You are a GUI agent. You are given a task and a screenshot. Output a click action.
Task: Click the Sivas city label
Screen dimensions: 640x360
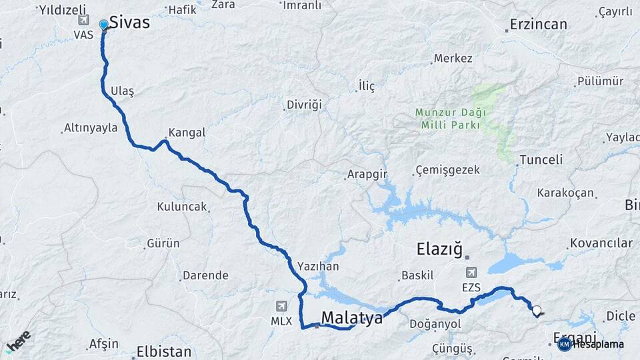pyautogui.click(x=129, y=22)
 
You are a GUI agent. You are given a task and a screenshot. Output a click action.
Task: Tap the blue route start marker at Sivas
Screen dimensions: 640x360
pyautogui.click(x=103, y=25)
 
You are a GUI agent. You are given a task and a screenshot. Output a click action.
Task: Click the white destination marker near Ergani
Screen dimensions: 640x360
pyautogui.click(x=537, y=309)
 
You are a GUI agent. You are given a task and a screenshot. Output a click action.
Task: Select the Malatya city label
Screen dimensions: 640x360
pyautogui.click(x=352, y=318)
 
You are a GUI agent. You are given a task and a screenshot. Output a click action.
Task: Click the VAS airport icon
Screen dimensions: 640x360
pyautogui.click(x=83, y=21)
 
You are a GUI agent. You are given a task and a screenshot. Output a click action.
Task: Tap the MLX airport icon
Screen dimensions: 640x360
pyautogui.click(x=282, y=307)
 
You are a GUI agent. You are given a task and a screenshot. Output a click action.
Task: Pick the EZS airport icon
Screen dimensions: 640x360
pyautogui.click(x=471, y=272)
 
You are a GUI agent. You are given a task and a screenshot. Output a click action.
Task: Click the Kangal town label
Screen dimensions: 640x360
pyautogui.click(x=187, y=133)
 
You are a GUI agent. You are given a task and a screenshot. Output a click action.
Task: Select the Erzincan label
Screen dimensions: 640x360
pyautogui.click(x=538, y=25)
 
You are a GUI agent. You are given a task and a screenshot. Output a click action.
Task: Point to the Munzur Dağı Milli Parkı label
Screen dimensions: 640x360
pyautogui.click(x=451, y=118)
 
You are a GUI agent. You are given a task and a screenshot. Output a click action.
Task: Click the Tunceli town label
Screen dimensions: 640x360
pyautogui.click(x=541, y=160)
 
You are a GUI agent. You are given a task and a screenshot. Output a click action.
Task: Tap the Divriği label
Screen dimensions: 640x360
pyautogui.click(x=304, y=105)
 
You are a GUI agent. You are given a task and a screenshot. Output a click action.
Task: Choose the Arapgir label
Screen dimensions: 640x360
pyautogui.click(x=367, y=175)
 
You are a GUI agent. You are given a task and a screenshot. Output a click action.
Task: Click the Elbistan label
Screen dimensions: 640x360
pyautogui.click(x=163, y=351)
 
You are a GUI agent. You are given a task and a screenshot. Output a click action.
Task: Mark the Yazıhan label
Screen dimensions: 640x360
pyautogui.click(x=318, y=267)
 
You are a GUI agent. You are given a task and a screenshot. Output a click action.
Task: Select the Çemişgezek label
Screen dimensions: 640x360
pyautogui.click(x=447, y=170)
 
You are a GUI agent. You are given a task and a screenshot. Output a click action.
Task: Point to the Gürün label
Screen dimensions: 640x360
pyautogui.click(x=163, y=243)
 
